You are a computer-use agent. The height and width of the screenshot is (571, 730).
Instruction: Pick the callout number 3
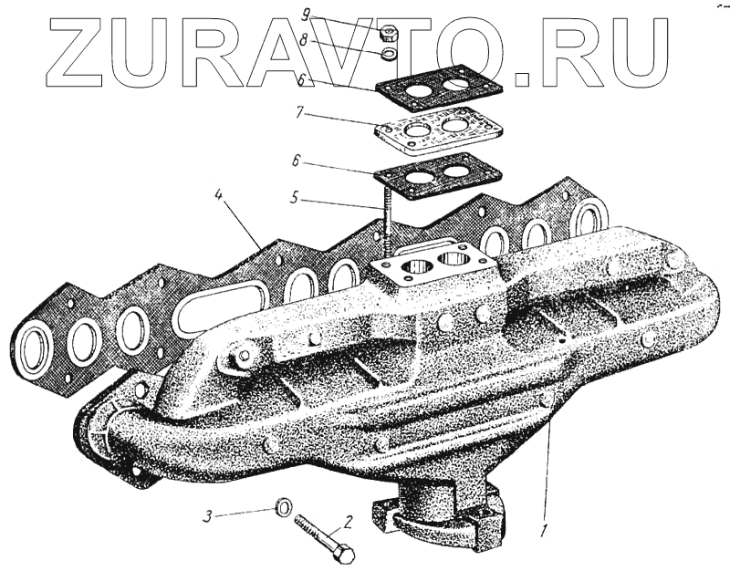tap(207, 516)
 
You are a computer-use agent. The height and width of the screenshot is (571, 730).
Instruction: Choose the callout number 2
tap(348, 523)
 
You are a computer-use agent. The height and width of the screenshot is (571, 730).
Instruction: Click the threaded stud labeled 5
tap(387, 223)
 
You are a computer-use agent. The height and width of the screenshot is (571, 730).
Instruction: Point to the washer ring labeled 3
tap(284, 505)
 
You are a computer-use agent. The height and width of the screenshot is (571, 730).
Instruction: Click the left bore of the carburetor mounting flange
tap(421, 268)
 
